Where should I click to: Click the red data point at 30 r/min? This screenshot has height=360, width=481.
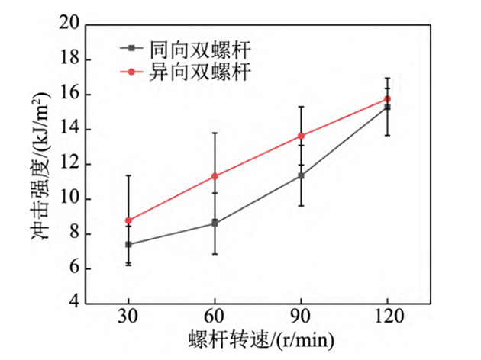point(128,220)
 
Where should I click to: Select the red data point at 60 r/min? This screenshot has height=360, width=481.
point(215,176)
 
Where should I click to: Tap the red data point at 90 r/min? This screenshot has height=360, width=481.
point(301,136)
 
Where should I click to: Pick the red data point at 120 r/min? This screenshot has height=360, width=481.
point(387,99)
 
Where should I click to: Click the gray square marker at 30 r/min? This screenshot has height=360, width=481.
point(128,244)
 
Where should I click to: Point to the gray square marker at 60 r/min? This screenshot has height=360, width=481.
point(215,223)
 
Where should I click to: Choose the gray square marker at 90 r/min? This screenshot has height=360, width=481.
point(301,175)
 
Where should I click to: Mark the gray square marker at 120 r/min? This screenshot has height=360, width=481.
point(387,107)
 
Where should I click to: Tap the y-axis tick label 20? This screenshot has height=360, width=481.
point(70,24)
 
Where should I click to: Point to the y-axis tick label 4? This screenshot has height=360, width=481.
point(75,303)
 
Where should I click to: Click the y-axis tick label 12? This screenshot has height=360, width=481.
point(70,164)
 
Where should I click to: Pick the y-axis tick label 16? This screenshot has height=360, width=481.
point(70,95)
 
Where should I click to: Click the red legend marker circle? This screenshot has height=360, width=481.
point(131,72)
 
